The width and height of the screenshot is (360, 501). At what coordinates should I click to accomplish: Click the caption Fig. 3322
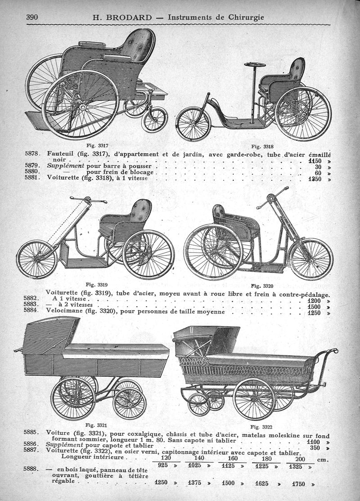coord(262,426)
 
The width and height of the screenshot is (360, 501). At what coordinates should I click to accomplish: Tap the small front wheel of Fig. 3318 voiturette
coord(193,124)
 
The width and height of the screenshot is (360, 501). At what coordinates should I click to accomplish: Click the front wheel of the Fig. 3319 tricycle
coord(37,259)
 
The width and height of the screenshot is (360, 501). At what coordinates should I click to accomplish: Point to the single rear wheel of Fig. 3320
coord(310,259)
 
